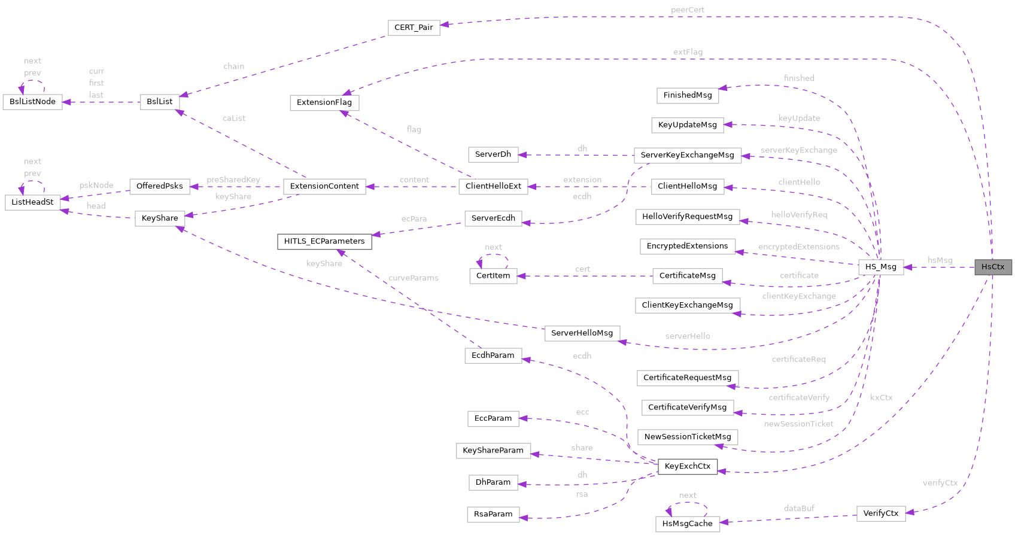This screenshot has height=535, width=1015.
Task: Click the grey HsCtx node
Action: pos(993,267)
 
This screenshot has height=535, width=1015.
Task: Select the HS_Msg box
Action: pos(880,267)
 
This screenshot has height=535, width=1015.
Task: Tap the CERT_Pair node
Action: pos(414,28)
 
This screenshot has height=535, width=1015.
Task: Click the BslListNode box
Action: pos(32,102)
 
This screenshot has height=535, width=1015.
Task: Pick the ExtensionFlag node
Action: pos(324,102)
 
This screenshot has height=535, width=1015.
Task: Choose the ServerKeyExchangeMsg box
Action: pos(687,155)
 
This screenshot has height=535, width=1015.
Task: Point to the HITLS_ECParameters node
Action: pos(324,241)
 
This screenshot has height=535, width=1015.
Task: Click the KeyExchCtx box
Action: pos(687,466)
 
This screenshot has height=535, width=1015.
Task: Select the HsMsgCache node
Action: pos(687,524)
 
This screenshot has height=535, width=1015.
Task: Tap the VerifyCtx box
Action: pos(880,513)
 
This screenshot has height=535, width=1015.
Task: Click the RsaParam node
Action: pos(493,514)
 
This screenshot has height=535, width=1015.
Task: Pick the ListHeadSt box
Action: pos(32,202)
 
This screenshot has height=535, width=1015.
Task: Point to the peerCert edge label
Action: pos(687,10)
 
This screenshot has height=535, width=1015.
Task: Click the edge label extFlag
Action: pos(688,53)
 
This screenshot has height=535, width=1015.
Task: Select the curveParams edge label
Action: pos(414,278)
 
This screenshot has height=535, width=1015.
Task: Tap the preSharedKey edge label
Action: pos(233,180)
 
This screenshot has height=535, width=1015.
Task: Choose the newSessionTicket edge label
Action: pos(798,424)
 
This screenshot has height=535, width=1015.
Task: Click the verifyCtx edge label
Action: pos(940,483)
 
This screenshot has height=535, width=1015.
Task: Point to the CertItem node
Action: pos(493,276)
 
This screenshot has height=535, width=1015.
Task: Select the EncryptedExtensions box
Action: pos(687,246)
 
